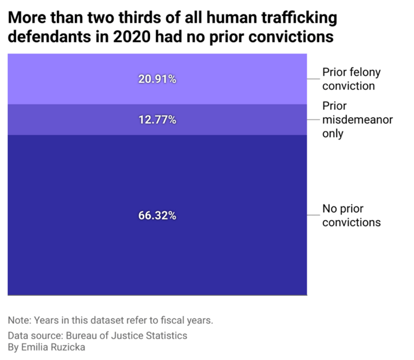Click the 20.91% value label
tap(157, 79)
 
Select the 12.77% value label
tap(157, 120)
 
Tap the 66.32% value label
tap(157, 216)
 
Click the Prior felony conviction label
tap(351, 79)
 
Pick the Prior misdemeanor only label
tap(357, 119)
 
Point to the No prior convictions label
tap(351, 215)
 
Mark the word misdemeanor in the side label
tap(357, 119)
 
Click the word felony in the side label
tap(366, 73)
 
